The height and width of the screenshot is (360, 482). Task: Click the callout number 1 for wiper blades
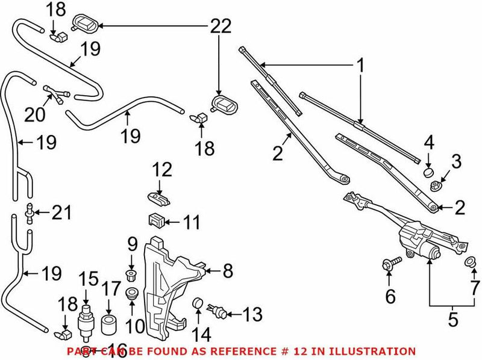360,66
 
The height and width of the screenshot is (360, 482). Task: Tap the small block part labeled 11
157,221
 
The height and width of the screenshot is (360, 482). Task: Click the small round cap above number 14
196,303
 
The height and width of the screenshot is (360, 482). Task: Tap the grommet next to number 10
132,295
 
